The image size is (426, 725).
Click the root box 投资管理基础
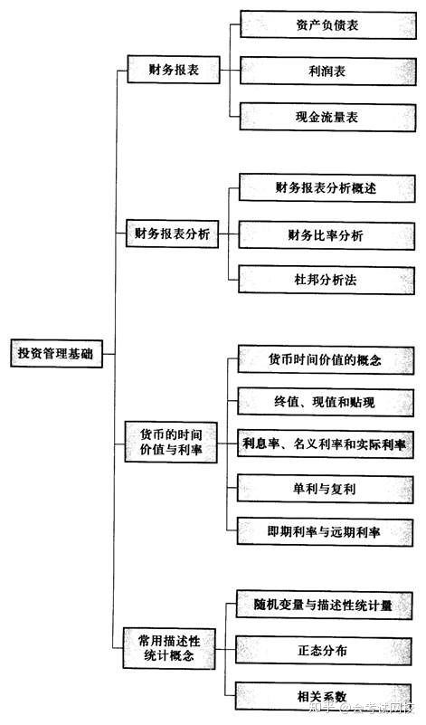point(56,354)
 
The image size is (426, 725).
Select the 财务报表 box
point(174,70)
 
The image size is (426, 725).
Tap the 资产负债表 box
point(327,25)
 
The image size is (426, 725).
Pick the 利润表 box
point(327,71)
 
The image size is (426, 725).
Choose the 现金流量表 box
point(327,117)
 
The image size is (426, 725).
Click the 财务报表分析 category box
point(173,234)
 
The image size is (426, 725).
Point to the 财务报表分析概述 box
point(327,187)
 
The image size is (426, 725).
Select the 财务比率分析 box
point(327,235)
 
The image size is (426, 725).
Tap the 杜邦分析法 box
point(327,280)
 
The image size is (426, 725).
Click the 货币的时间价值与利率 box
point(171,442)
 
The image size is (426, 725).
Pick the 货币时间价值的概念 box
point(326,359)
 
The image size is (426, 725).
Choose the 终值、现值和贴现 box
point(326,402)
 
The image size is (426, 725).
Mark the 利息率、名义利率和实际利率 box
point(326,444)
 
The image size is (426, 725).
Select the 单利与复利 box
point(325,488)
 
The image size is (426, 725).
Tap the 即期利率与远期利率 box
point(325,531)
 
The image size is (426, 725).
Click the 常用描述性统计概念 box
point(169,648)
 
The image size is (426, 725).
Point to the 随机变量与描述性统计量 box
point(324,605)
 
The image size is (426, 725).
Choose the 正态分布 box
point(324,651)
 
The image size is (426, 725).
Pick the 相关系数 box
point(323,696)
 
